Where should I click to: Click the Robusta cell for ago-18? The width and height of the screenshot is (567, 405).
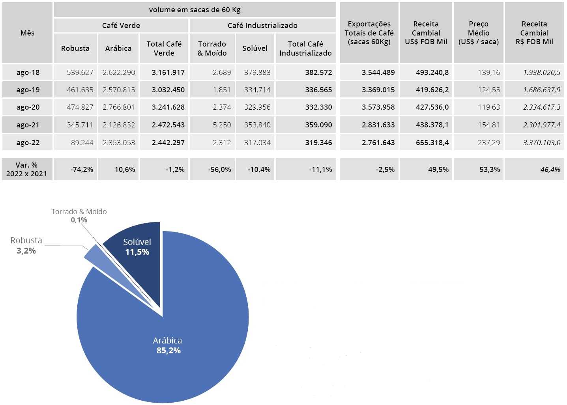pos(80,73)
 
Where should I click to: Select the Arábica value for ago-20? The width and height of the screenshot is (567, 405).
pos(119,107)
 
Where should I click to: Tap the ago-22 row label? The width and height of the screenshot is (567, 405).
pos(28,143)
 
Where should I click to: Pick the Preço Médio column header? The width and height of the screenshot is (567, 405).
pos(478,33)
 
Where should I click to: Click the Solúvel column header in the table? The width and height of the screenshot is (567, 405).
pos(255,48)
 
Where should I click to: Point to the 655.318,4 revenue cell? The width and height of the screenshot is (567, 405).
pos(432,143)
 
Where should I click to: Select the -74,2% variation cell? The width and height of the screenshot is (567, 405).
pos(82,170)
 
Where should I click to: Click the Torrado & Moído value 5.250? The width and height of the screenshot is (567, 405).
pos(222,125)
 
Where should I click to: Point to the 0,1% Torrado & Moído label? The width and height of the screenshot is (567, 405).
pos(79,220)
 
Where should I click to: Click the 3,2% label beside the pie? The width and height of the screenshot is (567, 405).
pos(26,251)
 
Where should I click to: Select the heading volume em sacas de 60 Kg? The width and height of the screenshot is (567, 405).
pos(195,10)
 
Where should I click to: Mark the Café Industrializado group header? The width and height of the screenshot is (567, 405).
pos(262,26)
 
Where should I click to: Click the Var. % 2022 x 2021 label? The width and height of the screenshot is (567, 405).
pos(26,170)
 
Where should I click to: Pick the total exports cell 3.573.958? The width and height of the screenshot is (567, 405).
pos(378,107)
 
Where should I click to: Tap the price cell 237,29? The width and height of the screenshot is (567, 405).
pos(488,143)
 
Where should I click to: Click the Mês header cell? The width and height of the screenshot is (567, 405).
pos(28,33)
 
